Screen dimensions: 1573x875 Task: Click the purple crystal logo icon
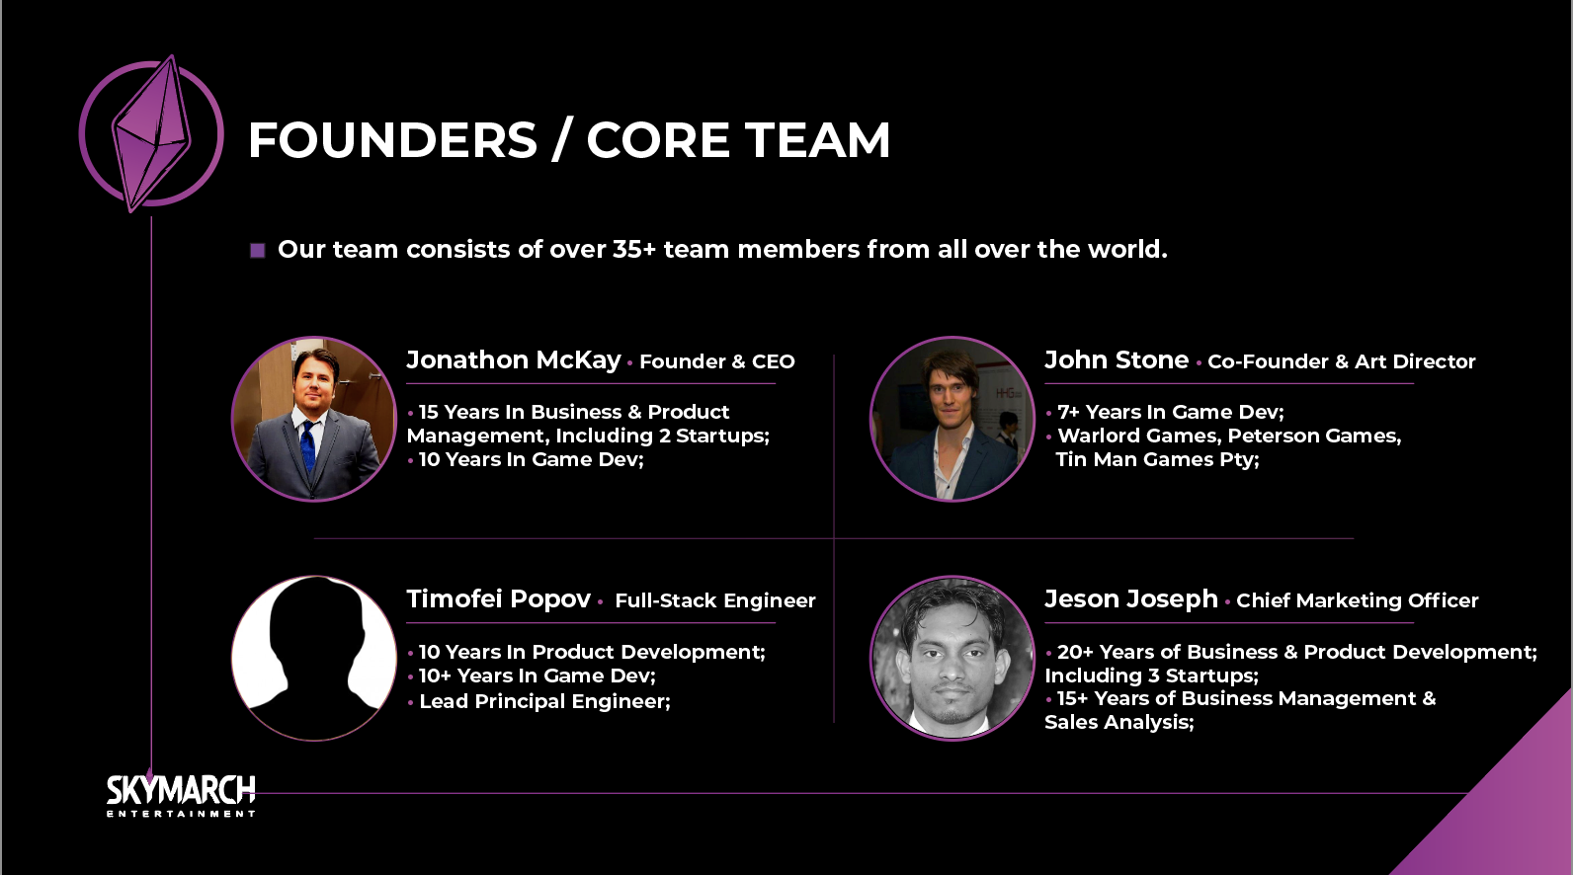coord(151,133)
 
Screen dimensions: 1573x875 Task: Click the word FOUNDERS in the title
coord(392,139)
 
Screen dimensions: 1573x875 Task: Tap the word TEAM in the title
coord(817,139)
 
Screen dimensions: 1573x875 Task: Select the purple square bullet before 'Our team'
coord(258,251)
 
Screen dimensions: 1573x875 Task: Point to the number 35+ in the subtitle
coord(633,249)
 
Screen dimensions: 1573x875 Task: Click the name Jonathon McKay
coord(514,359)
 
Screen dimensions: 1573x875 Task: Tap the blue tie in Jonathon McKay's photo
coord(308,444)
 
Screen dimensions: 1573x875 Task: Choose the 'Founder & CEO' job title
coord(717,361)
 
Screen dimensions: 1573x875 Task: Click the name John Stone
coord(1117,359)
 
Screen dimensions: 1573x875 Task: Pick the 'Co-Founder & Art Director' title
coord(1341,361)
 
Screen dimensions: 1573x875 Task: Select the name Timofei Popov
coord(499,598)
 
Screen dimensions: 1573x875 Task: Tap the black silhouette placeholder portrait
coord(314,658)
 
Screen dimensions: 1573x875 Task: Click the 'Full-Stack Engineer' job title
coord(715,600)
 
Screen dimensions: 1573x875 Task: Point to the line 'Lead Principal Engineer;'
coord(545,701)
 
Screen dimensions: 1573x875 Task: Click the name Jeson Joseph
coord(1131,598)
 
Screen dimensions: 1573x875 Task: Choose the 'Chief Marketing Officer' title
coord(1357,600)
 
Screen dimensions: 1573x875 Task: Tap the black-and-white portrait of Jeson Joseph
coord(952,658)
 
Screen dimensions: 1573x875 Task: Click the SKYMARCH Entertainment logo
coord(181,796)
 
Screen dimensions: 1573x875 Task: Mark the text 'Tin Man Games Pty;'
coord(1157,459)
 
